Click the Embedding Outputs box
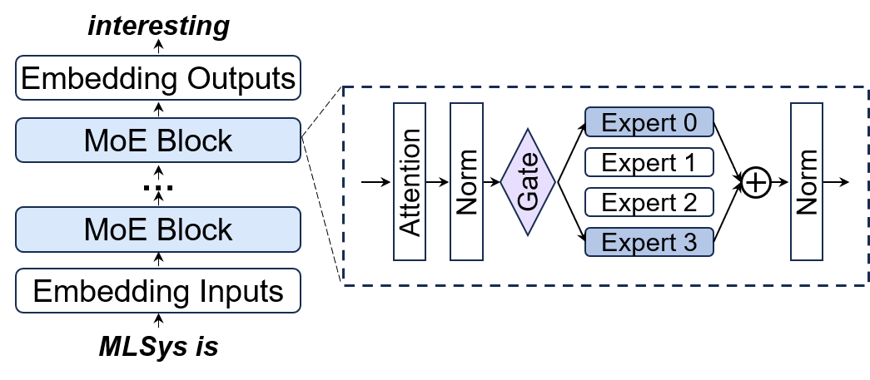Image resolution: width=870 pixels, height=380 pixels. point(158,79)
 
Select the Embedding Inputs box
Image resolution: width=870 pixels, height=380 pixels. point(158,292)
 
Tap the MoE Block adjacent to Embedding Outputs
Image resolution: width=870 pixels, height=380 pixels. point(158,140)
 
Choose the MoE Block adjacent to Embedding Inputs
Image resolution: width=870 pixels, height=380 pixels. point(158,229)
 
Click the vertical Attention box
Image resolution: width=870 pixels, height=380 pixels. point(410,182)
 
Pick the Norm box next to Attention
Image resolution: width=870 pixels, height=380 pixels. point(466,182)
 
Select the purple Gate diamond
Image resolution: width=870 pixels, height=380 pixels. point(528,181)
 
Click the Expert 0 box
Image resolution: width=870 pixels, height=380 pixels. point(649,123)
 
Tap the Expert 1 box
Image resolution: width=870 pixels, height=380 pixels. point(649,163)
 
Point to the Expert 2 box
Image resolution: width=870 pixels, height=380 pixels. point(649,202)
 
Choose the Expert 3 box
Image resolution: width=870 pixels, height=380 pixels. point(649,243)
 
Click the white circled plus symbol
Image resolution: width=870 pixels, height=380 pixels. point(755,183)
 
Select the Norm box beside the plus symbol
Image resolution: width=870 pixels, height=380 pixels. point(807,181)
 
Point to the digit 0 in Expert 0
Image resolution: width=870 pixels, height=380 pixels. point(688,123)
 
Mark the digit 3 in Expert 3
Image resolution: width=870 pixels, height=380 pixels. point(688,243)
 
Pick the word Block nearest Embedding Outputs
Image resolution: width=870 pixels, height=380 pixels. point(196,140)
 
